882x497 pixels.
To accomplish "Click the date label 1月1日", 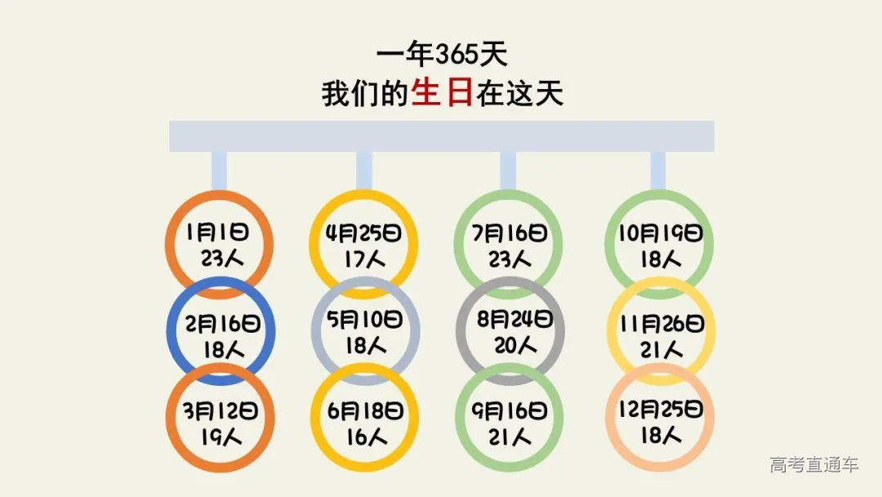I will pyautogui.click(x=217, y=233).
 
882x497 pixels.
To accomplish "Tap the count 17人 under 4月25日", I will pyautogui.click(x=363, y=260).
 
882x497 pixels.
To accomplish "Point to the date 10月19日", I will pyautogui.click(x=659, y=233).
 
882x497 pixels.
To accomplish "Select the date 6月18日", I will pyautogui.click(x=364, y=410).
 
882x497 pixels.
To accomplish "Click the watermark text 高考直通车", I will pyautogui.click(x=813, y=465).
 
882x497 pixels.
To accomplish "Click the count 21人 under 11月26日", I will pyautogui.click(x=661, y=350).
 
